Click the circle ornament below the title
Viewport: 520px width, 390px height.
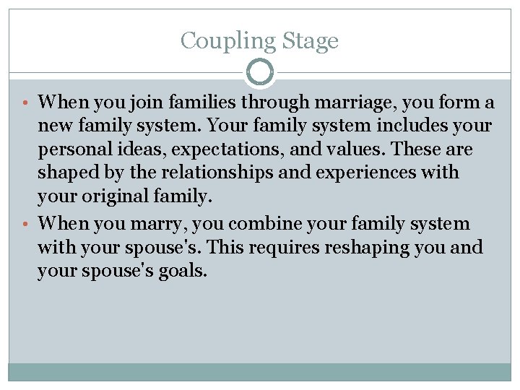(260, 72)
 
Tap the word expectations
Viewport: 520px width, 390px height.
(238, 150)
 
